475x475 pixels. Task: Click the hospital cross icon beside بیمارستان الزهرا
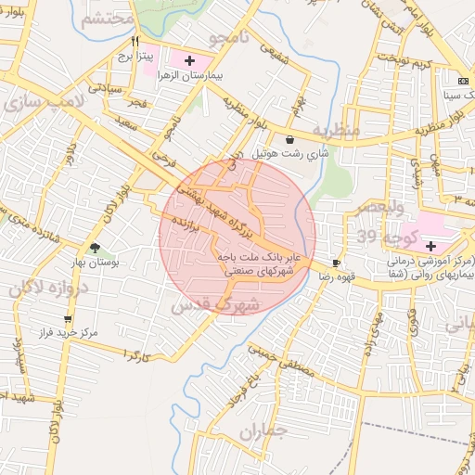coord(191,59)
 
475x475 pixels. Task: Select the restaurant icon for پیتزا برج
coord(135,42)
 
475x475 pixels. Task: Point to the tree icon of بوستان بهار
coord(95,247)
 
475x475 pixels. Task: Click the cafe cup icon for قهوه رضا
coord(336,263)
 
